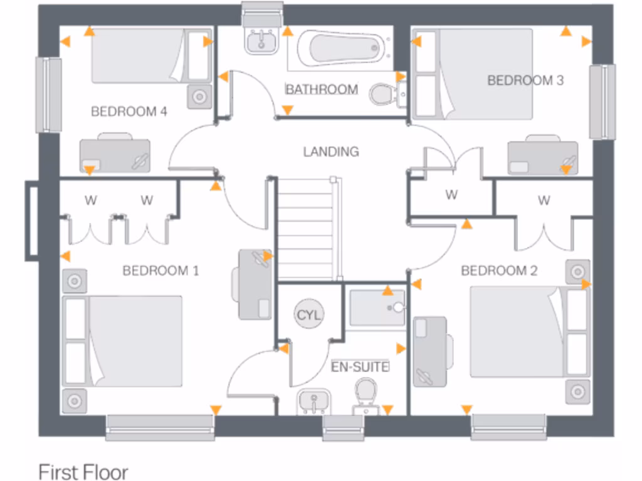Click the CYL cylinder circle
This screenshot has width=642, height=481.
(x=308, y=315)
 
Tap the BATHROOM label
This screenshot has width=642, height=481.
(x=322, y=90)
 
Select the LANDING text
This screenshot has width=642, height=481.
(x=331, y=152)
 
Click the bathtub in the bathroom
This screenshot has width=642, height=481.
(x=339, y=49)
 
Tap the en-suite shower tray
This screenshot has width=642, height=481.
(x=377, y=308)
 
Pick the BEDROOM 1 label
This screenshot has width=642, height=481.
(x=160, y=271)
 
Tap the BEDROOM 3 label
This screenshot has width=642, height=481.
(x=525, y=80)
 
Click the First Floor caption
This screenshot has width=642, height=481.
(x=83, y=472)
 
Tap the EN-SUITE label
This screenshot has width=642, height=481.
(x=360, y=366)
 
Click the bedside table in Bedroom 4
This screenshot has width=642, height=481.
(x=200, y=97)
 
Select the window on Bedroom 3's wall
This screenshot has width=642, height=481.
(x=602, y=101)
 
